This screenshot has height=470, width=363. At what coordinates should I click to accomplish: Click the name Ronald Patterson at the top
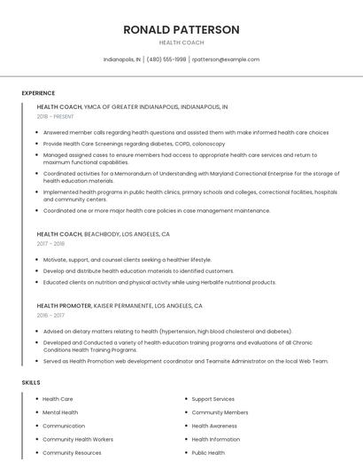coord(181,29)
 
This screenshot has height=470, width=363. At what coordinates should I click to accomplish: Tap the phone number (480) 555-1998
coord(166,59)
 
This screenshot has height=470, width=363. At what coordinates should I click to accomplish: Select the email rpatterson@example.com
coord(226,59)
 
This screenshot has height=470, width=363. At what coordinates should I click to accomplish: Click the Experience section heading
coord(38,93)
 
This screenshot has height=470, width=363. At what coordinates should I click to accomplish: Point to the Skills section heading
coord(31,382)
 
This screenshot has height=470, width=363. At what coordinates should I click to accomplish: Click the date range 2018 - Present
coord(55,116)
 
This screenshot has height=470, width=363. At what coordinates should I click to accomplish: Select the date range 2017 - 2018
coord(50,243)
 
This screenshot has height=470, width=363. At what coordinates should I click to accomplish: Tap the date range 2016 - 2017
coord(50,314)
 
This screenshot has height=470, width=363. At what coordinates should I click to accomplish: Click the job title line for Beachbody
coord(104,234)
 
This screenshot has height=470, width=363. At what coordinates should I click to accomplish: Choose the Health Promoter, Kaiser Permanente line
coord(120,305)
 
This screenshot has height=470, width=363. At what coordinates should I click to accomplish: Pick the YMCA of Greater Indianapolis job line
coord(133,106)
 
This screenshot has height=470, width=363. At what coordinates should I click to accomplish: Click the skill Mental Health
coord(60,412)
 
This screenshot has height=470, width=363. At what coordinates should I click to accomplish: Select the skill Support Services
coord(213,399)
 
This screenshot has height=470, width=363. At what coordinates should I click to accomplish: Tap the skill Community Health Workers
coord(78,439)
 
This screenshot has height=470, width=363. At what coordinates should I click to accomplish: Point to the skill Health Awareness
coord(215,426)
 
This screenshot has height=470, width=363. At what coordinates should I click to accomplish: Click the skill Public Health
coord(209,452)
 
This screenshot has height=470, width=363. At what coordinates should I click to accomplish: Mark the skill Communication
coord(64,426)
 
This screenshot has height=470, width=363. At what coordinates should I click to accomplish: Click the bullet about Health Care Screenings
coord(134,143)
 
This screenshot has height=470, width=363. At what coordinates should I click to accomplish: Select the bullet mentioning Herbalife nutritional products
coord(159,282)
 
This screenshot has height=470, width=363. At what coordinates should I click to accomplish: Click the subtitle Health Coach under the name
coord(181,43)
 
